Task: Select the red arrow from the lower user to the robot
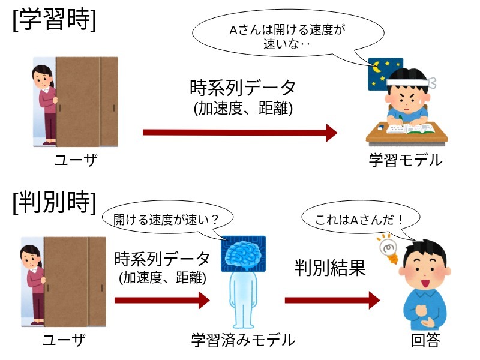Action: point(161,299)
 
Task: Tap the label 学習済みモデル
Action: point(242,340)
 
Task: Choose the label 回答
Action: point(425,340)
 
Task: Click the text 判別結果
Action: point(330,268)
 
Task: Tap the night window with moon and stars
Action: point(384,74)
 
